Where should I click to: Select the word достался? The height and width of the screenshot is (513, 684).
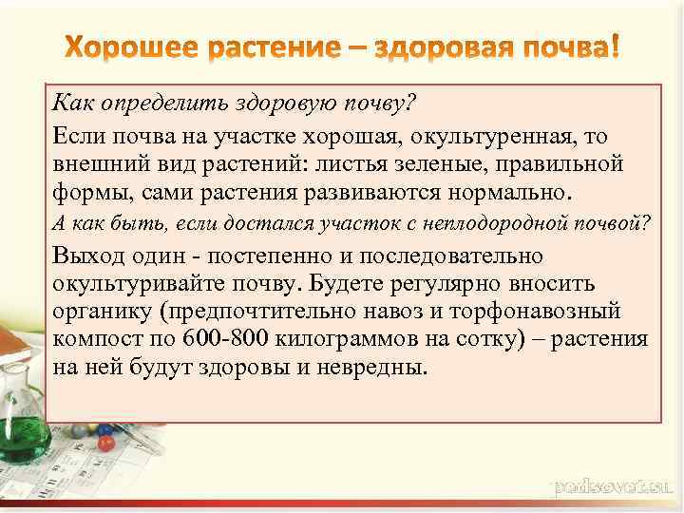[x=281, y=223]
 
